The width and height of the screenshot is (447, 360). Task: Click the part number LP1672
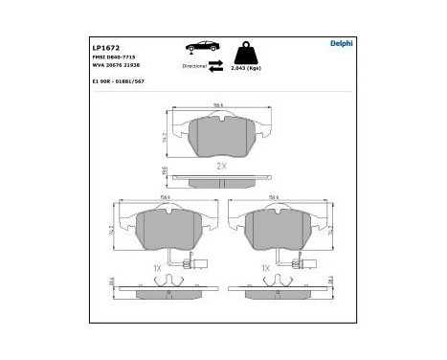click(x=103, y=46)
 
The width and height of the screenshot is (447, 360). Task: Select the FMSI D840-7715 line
click(x=112, y=57)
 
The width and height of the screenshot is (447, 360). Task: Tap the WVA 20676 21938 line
click(x=116, y=66)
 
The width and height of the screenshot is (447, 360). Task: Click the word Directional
click(x=195, y=66)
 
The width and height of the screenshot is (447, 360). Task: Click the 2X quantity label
click(x=221, y=166)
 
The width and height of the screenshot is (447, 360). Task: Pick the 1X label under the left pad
click(x=158, y=268)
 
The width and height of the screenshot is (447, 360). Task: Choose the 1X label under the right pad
click(x=267, y=268)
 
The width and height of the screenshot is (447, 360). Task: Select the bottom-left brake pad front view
click(x=167, y=231)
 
